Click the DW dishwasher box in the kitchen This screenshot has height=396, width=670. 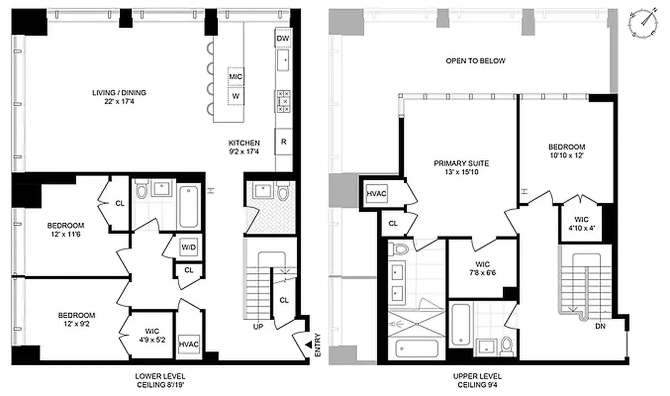283,39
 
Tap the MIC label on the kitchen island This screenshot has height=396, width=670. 236,77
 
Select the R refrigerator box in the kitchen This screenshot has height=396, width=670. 284,142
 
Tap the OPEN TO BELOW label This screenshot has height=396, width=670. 476,61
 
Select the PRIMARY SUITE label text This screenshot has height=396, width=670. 461,167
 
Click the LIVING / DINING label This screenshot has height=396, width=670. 119,97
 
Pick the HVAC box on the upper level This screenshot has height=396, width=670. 376,194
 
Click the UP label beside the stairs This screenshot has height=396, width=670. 258,327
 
